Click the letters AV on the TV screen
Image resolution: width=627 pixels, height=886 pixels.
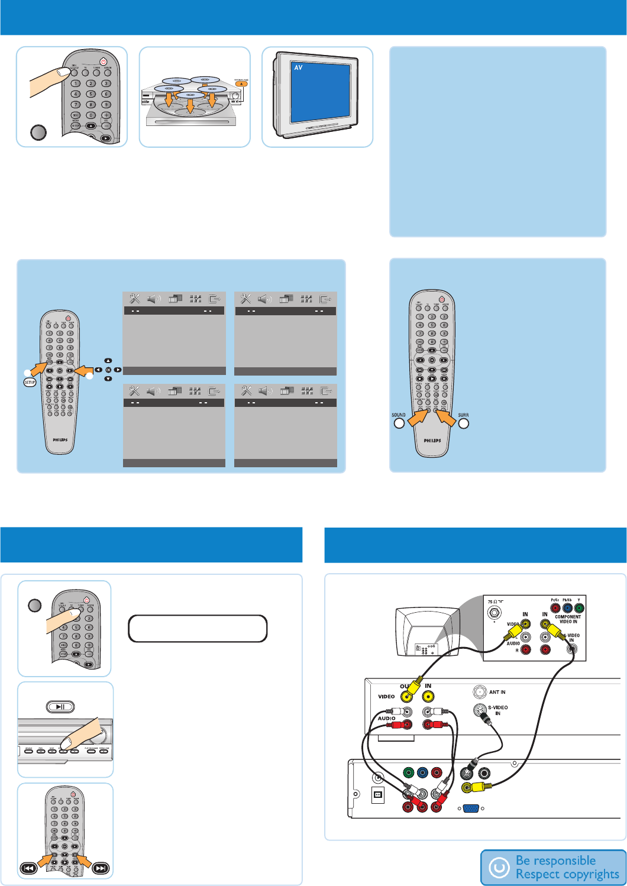point(298,68)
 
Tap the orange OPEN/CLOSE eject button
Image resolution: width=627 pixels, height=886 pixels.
point(241,83)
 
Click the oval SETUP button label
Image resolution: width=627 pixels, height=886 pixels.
point(30,382)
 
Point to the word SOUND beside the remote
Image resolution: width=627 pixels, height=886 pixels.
point(399,415)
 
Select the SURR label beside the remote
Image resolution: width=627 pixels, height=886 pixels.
point(463,415)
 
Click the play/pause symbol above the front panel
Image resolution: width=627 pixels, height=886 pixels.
point(60,706)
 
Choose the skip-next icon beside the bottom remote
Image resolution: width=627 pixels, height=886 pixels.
point(101,868)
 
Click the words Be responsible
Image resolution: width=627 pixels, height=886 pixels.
point(555,861)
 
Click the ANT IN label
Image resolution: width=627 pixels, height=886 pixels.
point(497,692)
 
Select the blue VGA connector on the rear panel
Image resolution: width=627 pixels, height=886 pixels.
point(471,809)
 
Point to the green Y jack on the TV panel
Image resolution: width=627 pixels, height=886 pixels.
point(579,607)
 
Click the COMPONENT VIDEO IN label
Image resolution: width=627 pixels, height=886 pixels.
point(568,619)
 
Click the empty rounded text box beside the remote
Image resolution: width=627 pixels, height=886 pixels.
point(198,629)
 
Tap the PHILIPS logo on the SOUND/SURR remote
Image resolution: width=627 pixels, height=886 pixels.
point(432,441)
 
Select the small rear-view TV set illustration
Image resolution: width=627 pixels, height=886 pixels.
point(427,632)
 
